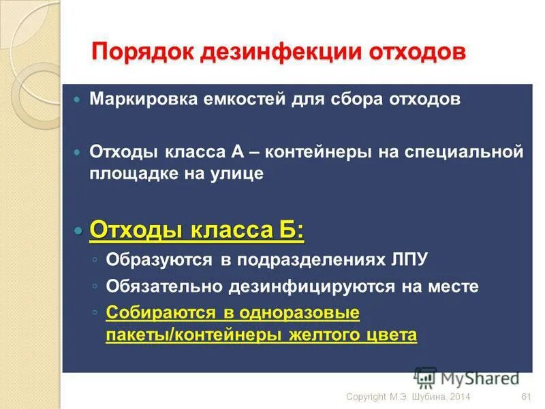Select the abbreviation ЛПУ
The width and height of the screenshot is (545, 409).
pos(409,260)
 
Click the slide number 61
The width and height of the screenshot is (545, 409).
pos(525,397)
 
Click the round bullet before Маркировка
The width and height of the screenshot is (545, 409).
pos(77,100)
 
